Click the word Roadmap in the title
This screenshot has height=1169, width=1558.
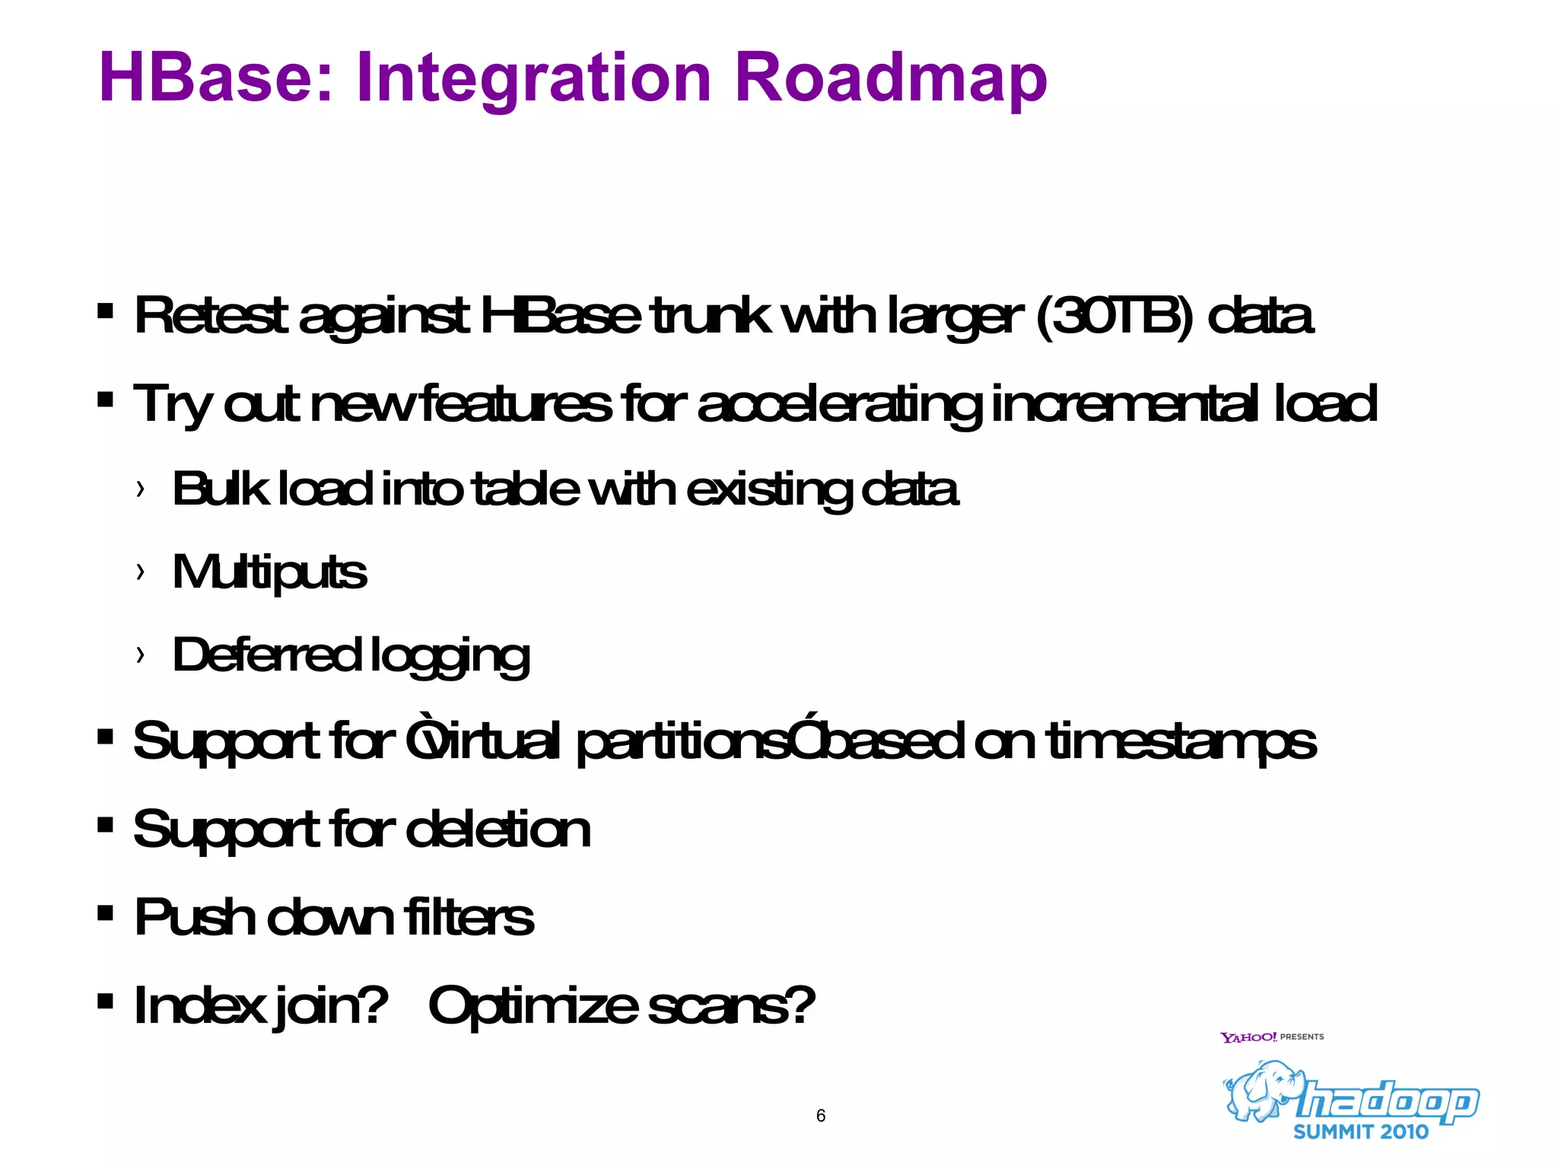[890, 78]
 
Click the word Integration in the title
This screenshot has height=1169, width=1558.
[533, 78]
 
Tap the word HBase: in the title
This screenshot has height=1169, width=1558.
[217, 78]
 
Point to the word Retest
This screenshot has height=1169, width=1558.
[211, 316]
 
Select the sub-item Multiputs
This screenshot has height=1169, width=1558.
[269, 572]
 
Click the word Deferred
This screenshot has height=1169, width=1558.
[266, 655]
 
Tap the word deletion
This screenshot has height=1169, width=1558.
[498, 830]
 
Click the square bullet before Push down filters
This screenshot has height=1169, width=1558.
[106, 913]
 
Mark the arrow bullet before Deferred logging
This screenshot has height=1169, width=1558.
[140, 655]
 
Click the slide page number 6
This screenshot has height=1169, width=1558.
[820, 1116]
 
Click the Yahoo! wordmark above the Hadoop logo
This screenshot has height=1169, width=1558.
[1248, 1037]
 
